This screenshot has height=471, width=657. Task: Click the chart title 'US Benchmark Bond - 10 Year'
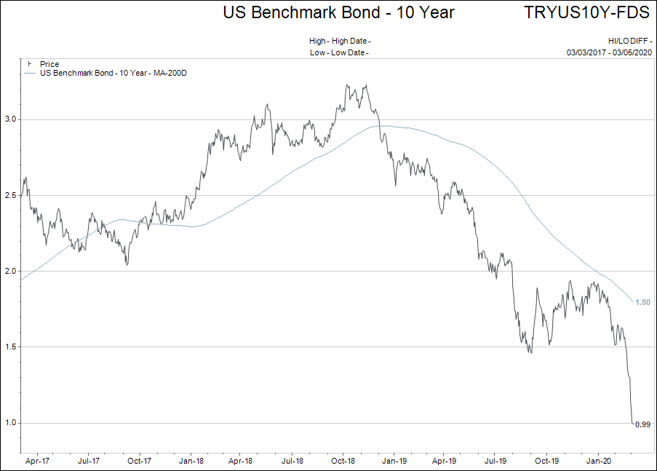click(338, 12)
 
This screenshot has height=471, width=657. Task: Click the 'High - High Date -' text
click(340, 41)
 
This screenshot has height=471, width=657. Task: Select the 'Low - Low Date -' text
click(339, 52)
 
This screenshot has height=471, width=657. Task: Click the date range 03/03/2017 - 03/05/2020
click(610, 52)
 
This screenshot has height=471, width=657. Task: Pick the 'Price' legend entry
click(49, 65)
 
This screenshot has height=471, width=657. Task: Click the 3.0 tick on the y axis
click(11, 119)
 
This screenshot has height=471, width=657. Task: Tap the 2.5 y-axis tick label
click(11, 195)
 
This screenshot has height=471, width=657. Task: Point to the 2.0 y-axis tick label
click(11, 271)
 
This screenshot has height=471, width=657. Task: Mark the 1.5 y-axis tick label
click(11, 347)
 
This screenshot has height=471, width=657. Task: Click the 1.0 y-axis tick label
click(11, 423)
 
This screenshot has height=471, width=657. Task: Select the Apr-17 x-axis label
click(36, 461)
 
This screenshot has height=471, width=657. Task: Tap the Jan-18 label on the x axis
click(190, 461)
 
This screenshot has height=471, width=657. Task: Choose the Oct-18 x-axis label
click(343, 461)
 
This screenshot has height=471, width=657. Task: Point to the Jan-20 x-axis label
click(598, 461)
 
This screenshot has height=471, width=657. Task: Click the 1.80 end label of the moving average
click(642, 302)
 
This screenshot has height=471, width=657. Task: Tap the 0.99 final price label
click(642, 424)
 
